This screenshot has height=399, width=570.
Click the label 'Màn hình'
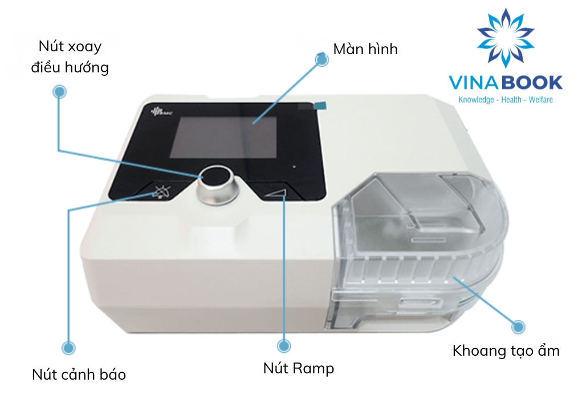(365, 49)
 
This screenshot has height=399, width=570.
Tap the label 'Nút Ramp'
(298, 368)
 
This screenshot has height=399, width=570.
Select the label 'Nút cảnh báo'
(79, 374)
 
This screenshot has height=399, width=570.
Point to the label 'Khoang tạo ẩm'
(506, 350)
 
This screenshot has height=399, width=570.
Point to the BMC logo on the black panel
(157, 112)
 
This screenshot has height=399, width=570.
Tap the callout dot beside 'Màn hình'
(322, 59)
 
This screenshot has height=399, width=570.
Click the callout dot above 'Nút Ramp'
(283, 345)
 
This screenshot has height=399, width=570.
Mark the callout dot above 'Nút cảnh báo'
(68, 347)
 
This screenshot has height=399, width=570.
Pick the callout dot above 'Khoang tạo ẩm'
(518, 327)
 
